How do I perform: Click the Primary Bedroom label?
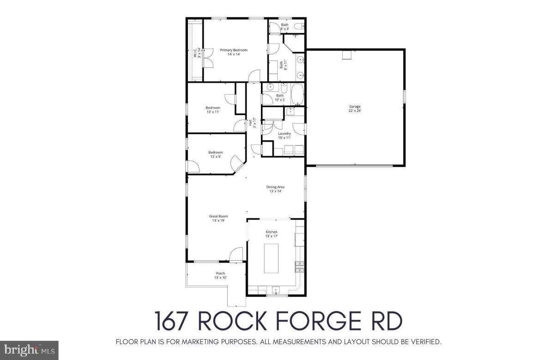tap(234, 52)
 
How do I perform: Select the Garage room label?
tap(355, 108)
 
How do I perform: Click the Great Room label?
tap(218, 218)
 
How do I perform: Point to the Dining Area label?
tap(275, 189)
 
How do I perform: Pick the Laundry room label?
tap(284, 135)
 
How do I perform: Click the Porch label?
tap(220, 276)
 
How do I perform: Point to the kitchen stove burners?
tap(300, 266)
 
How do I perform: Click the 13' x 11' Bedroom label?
tap(213, 110)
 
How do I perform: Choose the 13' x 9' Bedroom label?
tap(216, 154)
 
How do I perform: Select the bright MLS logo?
tap(29, 350)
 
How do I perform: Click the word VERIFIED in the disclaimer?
tap(424, 342)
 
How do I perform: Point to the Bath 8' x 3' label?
tap(285, 27)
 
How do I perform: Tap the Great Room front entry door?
tap(236, 253)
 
